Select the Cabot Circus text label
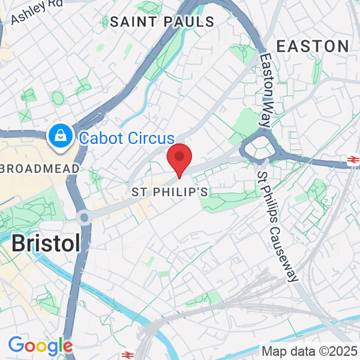click(127, 138)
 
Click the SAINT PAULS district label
click(162, 22)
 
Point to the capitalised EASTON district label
click(313, 46)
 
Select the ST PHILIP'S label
click(170, 192)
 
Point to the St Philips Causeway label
click(277, 227)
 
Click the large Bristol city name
click(46, 243)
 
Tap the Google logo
click(40, 346)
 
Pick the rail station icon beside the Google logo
click(127, 355)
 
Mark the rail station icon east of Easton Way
click(353, 159)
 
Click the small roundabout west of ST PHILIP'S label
click(84, 217)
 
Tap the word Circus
click(152, 138)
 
